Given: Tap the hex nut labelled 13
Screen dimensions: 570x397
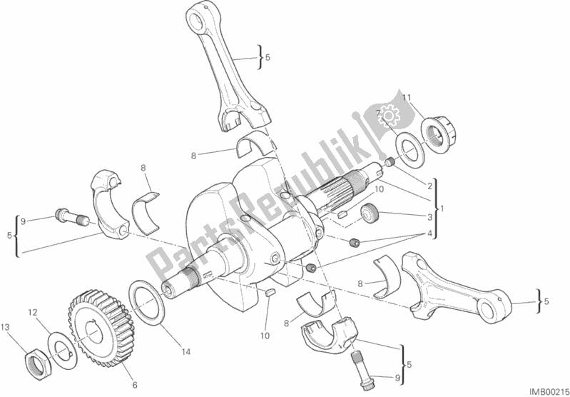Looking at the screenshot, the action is coord(37,364).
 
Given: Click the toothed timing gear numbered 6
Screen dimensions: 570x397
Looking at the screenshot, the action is coord(101,328).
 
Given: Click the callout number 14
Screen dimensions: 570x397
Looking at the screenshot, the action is coord(185,352).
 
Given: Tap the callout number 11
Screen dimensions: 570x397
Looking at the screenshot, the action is coord(407,98).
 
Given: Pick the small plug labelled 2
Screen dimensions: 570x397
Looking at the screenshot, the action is coord(390,162).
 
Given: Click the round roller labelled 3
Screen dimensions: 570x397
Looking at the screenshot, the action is coord(370,213).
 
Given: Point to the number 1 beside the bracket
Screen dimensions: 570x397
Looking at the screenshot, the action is coord(442,209).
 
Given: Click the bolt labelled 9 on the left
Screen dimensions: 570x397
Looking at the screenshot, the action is coord(72,217).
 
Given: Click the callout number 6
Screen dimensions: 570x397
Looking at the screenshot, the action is coord(135,386).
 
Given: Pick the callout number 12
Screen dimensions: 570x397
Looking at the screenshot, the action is coord(33,312).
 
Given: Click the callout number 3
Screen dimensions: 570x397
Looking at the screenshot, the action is coord(429,218).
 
